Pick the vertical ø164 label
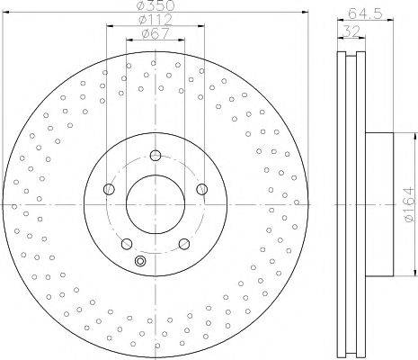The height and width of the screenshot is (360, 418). pos(406,202)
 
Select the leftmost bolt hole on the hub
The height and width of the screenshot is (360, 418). pos(110,189)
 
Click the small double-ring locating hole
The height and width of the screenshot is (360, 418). pos(139,261)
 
